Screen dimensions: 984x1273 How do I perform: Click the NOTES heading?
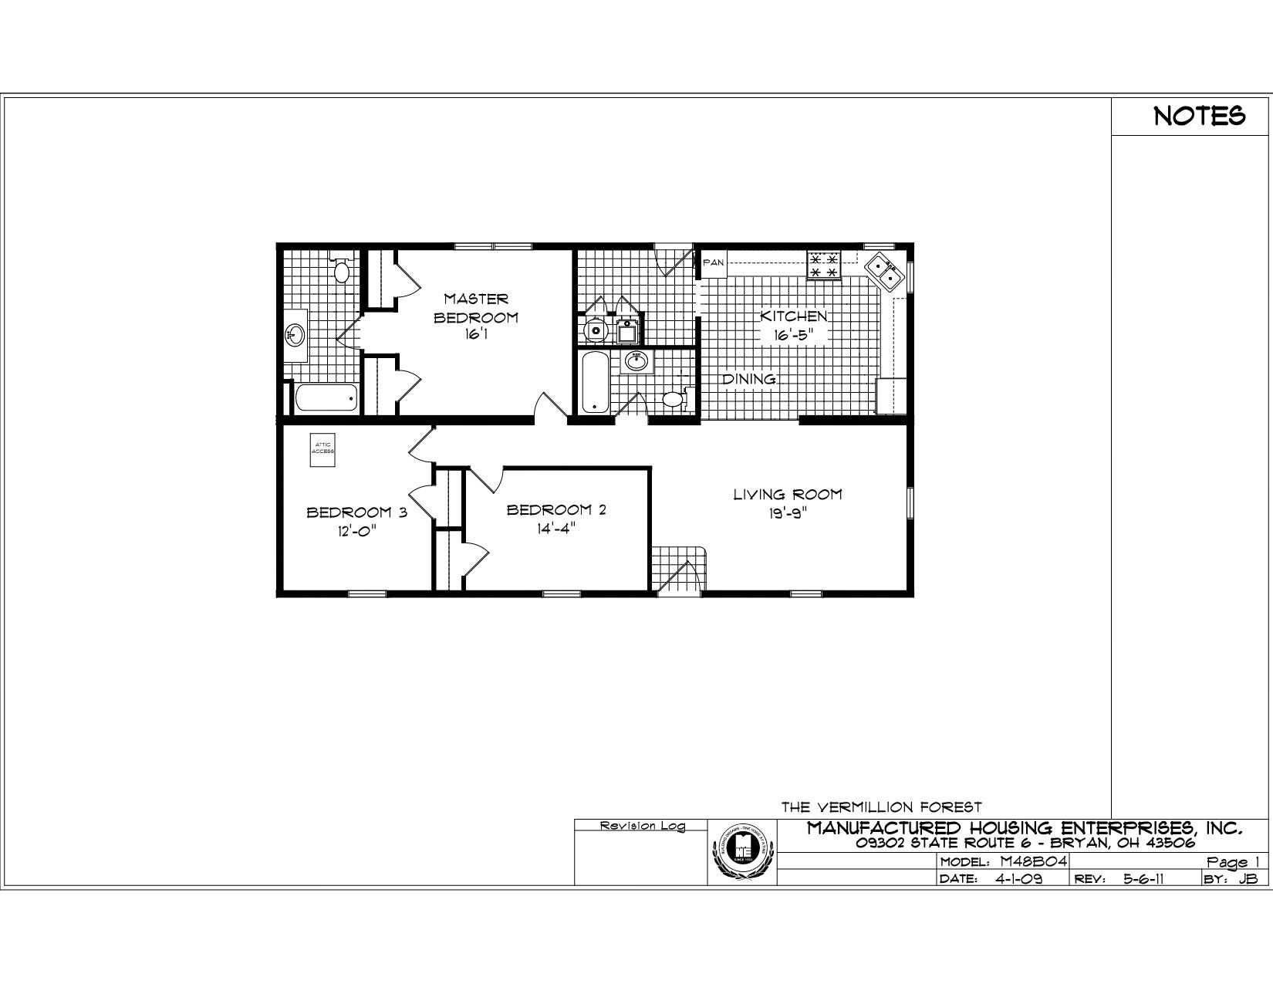click(x=1199, y=117)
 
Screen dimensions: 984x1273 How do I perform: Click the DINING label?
click(x=748, y=379)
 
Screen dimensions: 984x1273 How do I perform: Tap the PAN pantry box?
click(x=714, y=263)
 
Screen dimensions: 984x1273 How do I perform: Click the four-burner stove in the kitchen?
click(x=823, y=265)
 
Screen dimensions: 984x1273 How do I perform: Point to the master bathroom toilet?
click(x=343, y=271)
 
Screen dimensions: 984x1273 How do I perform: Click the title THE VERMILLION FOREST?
click(x=881, y=808)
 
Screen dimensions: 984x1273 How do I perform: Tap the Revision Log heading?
click(x=642, y=827)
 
